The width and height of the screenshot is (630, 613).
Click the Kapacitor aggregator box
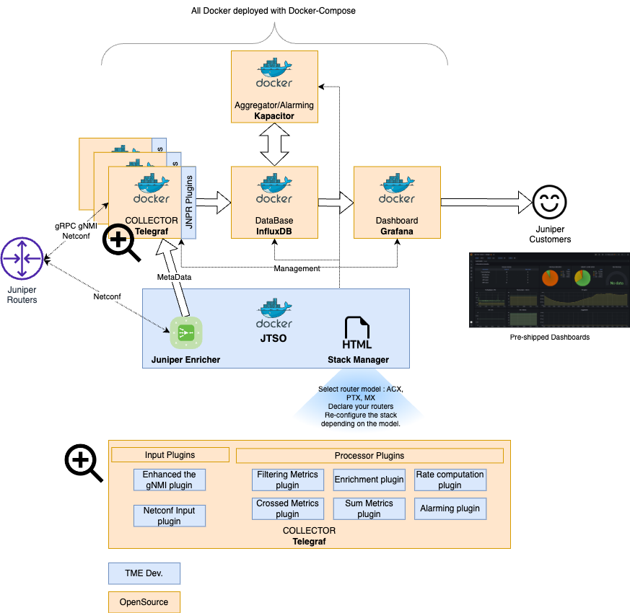[x=274, y=87]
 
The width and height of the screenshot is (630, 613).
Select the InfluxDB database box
[x=274, y=202]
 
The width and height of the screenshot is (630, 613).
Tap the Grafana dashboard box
[x=397, y=202]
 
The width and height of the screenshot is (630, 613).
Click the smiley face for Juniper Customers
[x=550, y=203]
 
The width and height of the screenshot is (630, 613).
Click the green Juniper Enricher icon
[x=185, y=333]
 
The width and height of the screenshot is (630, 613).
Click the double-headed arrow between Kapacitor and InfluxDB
[x=274, y=144]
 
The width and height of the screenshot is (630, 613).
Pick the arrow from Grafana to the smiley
[x=484, y=202]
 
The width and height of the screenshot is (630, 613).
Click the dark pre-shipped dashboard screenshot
[x=549, y=290]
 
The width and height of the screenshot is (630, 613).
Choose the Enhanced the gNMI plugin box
[x=170, y=480]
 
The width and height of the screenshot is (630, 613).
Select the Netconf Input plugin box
[x=170, y=516]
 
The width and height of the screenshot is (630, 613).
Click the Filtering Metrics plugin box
[x=287, y=480]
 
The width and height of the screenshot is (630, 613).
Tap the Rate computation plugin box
[x=450, y=480]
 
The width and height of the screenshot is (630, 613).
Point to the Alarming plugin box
[x=450, y=508]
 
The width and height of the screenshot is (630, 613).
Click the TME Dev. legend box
[x=144, y=574]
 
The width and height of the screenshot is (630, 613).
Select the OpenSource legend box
[x=144, y=601]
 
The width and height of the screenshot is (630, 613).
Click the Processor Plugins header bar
[x=369, y=456]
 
